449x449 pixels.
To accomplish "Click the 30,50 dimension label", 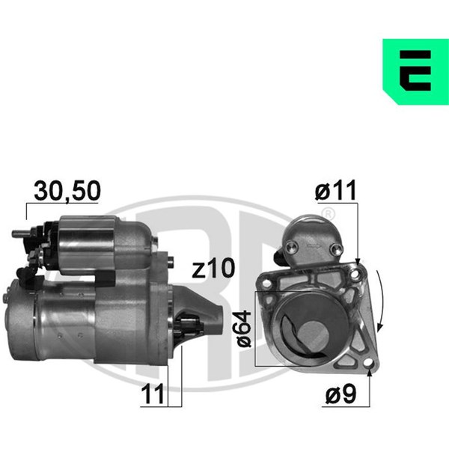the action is [67, 191].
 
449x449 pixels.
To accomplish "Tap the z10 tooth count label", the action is [213, 268].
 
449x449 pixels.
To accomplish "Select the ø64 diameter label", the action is [244, 329].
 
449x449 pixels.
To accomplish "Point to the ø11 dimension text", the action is [335, 190].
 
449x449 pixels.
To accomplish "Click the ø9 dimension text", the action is [340, 394].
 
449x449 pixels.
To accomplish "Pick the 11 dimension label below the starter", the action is [153, 394].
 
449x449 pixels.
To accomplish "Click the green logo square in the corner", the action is [415, 72].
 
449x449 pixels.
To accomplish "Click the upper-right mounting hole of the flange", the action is [355, 275].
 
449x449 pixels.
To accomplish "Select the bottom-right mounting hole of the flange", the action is [368, 364].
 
